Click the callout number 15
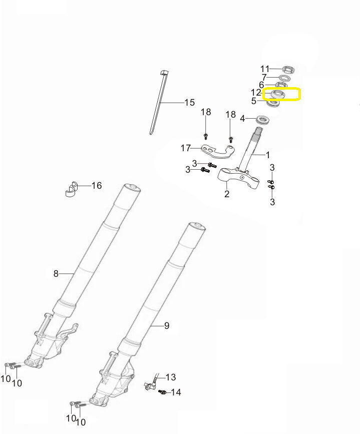(x=190, y=103)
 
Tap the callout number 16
(x=97, y=185)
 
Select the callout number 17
(x=186, y=148)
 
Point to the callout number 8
(x=56, y=274)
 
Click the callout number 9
(x=166, y=325)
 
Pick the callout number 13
(x=171, y=377)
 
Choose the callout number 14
(x=176, y=392)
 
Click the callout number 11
(x=265, y=69)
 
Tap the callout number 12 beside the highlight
(x=256, y=93)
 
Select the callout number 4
(x=242, y=119)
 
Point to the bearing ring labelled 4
(x=263, y=120)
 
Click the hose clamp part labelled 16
(x=72, y=189)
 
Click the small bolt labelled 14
(x=162, y=392)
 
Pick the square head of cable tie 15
(x=164, y=73)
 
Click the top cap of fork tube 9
(x=197, y=227)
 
